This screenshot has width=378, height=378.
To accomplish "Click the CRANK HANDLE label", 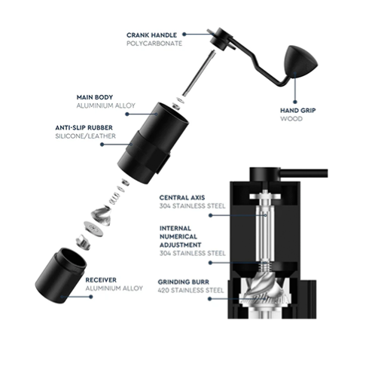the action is coord(151,35).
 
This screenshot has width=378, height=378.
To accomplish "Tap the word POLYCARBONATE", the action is coord(154,44).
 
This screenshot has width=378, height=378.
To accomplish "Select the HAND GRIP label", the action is coord(298,111).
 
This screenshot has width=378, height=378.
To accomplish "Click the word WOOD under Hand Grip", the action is coord(291,119).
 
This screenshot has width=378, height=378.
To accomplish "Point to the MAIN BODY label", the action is coord(95,97).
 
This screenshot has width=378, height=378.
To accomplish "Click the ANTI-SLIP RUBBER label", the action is coord(84,128).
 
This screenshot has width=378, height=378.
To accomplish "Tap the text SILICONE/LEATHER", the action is coord(85,136).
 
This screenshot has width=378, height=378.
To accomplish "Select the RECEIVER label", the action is coord(101,280).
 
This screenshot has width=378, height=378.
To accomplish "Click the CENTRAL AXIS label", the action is coord(182,197).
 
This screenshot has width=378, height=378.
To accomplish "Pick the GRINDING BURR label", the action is coord(184,282).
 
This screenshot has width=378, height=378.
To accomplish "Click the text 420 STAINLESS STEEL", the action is coord(191,291).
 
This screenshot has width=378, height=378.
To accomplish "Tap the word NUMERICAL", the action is coord(178,236).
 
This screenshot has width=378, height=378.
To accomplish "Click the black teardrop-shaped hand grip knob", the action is coord(300,61).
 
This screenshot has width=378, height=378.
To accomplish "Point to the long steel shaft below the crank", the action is coord(199,73).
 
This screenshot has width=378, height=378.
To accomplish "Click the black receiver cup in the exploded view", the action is coord(61,276).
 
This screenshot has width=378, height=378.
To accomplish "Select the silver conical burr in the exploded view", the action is coord(101,215).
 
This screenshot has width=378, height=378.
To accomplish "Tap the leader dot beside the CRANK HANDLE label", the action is coord(184,34).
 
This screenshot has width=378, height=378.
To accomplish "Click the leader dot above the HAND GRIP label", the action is coord(295,102).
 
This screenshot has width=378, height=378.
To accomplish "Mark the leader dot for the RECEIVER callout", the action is coord(91,297).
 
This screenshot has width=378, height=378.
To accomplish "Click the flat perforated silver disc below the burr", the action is coord(93,229).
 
